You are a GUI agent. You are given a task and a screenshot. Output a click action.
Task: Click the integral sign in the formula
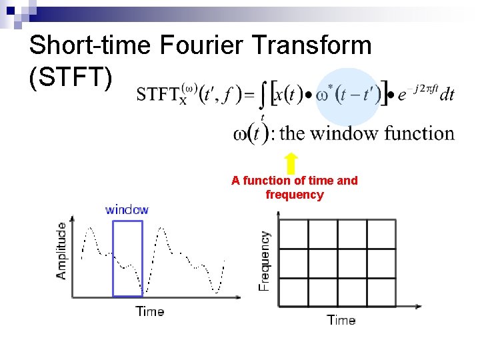(264, 99)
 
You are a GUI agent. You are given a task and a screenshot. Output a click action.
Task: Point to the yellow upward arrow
(291, 163)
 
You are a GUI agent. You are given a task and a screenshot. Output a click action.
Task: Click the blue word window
(127, 210)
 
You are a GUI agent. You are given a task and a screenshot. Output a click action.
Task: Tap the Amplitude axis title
(61, 251)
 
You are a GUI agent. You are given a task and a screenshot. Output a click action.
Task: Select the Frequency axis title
(265, 260)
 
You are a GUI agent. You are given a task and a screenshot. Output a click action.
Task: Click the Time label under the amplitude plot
(150, 311)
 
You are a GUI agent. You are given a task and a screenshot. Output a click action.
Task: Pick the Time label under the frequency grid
(341, 320)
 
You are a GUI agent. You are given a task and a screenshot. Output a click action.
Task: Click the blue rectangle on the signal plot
(127, 259)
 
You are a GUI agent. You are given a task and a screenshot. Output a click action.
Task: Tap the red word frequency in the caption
(294, 195)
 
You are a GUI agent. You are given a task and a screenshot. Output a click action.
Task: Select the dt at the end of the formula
(447, 94)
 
